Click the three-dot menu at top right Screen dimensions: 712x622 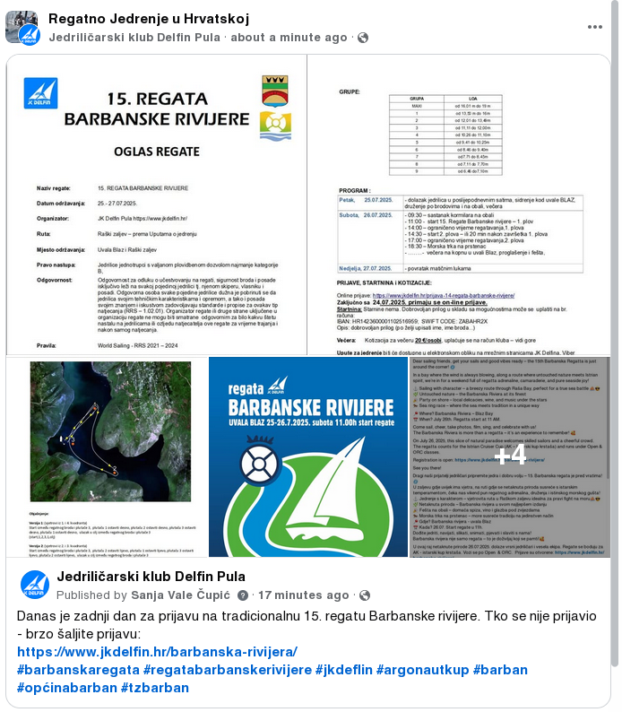(595, 27)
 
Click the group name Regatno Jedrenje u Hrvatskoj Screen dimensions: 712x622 (149, 19)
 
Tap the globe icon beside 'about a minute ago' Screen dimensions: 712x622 (363, 38)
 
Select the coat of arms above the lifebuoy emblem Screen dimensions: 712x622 (274, 90)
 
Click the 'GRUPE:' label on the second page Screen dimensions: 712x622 (350, 91)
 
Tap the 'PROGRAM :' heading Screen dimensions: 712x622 (356, 191)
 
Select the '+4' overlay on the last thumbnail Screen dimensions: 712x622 (510, 454)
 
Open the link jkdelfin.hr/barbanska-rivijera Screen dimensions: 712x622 (157, 652)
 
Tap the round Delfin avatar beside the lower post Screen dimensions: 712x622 (35, 585)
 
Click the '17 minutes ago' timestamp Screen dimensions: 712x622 (305, 595)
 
